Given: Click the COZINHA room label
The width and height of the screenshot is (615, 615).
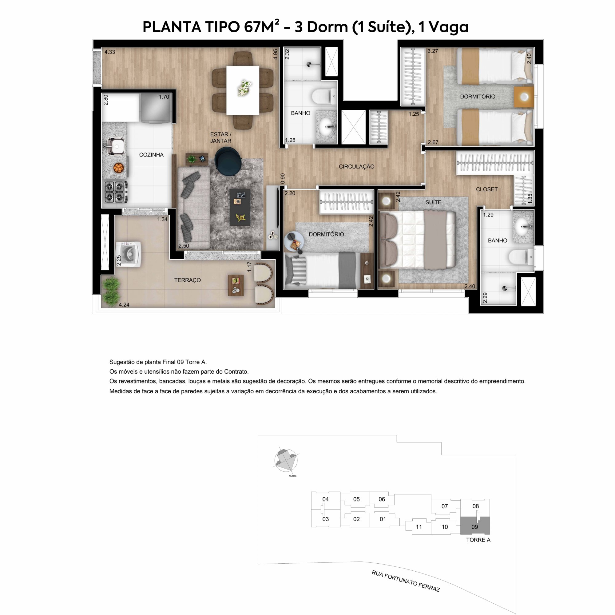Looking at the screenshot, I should (151, 155).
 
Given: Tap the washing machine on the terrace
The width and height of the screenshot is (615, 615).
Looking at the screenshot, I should (129, 254).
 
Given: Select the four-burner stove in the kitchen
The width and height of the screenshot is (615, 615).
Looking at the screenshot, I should (115, 192).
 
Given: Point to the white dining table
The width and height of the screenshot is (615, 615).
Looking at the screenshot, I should (243, 90).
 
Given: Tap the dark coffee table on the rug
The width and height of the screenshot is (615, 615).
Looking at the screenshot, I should (240, 207).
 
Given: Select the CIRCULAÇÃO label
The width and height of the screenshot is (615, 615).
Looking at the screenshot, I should (356, 166).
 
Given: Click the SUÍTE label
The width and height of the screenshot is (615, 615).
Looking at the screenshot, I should (433, 202).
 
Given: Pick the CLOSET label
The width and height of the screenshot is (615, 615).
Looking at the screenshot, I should (486, 189).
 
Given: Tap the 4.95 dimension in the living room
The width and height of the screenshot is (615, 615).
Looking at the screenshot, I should (276, 54).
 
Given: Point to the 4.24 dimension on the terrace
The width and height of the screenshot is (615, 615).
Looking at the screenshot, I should (124, 305).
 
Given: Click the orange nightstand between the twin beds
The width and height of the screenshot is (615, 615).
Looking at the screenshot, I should (524, 97).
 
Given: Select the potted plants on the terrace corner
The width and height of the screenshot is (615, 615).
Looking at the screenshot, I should (111, 291).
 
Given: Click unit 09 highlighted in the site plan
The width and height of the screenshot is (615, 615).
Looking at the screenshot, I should (474, 526).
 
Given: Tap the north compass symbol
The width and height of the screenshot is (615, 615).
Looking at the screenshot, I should (286, 461).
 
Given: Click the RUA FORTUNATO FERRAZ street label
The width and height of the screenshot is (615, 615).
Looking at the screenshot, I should (406, 581).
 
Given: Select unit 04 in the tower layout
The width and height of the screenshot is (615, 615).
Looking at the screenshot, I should (325, 499).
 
